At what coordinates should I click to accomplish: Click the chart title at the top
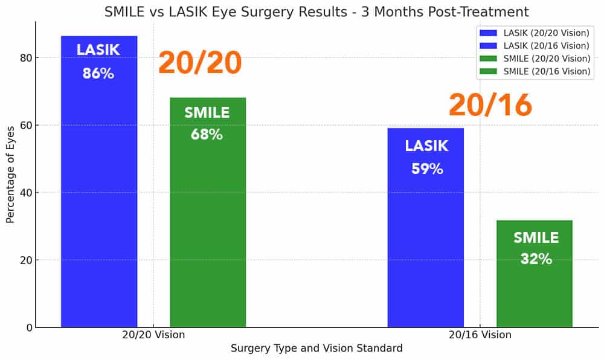(316, 11)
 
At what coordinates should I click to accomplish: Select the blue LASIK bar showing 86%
(99, 181)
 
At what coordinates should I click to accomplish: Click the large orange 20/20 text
(200, 63)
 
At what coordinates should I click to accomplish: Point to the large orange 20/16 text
(490, 105)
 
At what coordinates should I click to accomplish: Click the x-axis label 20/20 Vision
(153, 335)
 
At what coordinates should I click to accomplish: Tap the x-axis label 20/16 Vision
(480, 335)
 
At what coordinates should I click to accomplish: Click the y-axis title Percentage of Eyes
(10, 175)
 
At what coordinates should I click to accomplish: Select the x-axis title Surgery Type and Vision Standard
(316, 349)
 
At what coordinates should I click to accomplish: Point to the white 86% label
(98, 74)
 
